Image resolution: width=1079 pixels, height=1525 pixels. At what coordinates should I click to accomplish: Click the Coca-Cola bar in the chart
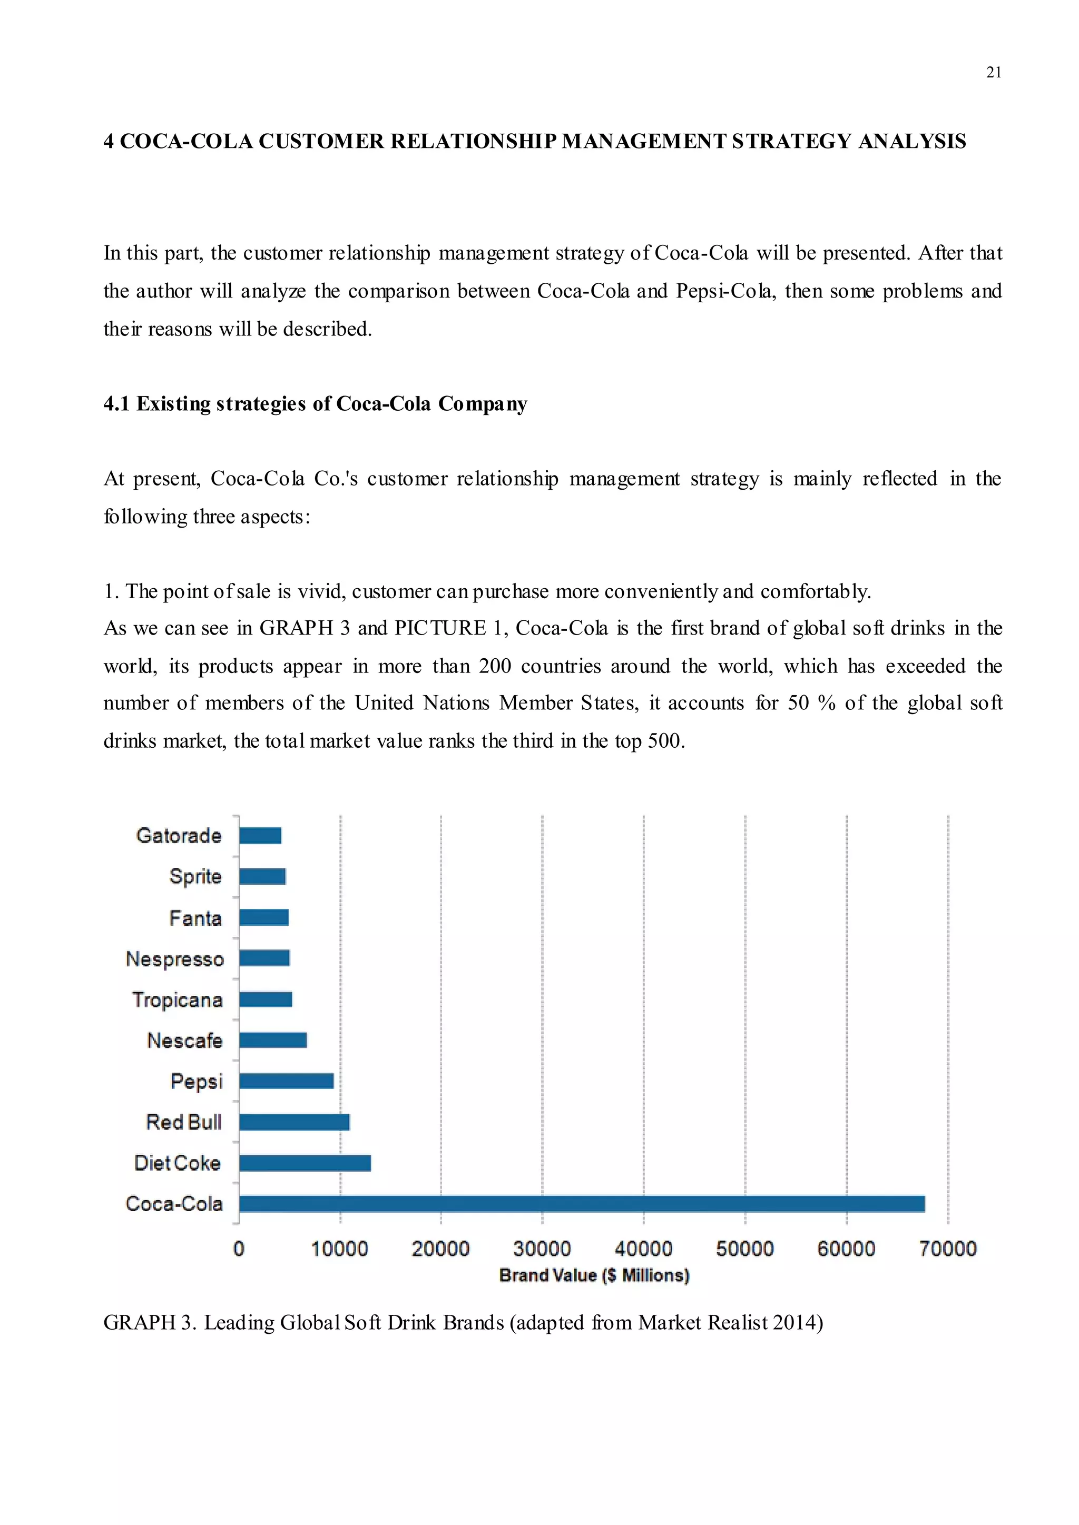(581, 1204)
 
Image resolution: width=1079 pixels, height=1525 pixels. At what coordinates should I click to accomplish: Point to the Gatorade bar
(260, 836)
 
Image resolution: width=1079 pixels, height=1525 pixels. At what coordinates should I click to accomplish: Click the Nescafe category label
(185, 1040)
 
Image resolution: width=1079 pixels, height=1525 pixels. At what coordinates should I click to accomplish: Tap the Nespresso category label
(175, 959)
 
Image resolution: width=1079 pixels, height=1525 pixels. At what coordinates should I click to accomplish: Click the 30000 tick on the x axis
(542, 1249)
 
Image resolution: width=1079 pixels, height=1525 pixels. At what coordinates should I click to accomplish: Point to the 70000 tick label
(947, 1249)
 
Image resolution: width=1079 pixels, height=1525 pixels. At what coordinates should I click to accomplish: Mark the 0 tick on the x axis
(239, 1249)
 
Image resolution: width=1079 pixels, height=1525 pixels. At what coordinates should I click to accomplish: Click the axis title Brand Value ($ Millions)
(594, 1275)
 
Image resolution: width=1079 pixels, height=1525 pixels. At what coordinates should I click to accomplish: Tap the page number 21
(993, 72)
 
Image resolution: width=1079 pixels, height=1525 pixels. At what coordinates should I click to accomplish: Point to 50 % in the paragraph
(811, 702)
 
